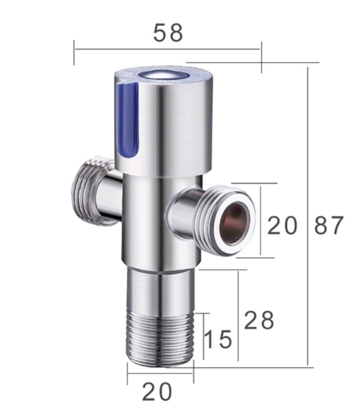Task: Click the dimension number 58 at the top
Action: (168, 33)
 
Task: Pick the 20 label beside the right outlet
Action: (282, 226)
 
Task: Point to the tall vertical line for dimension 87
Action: (307, 217)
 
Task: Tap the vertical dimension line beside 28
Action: (238, 316)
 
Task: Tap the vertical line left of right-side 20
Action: (261, 221)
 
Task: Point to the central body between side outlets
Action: (146, 221)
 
